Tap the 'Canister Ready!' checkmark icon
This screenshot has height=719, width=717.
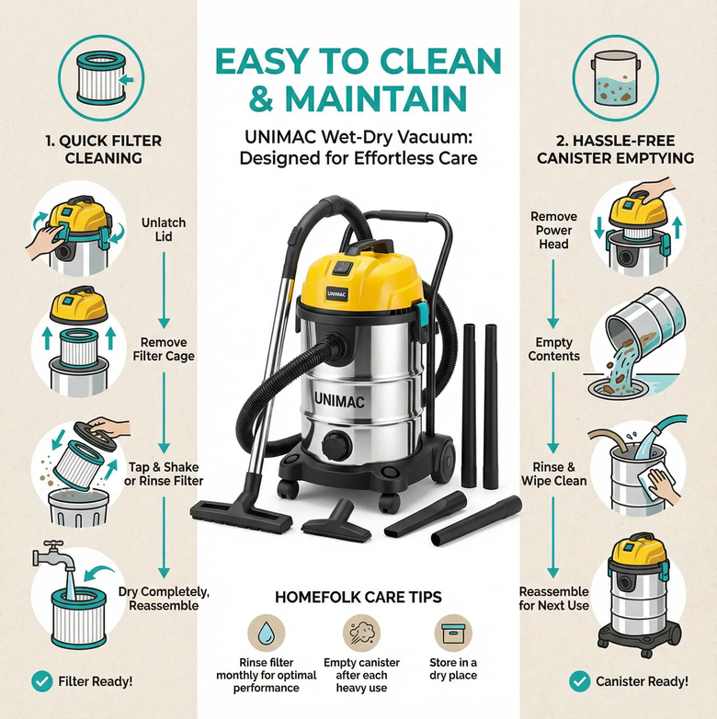[x=580, y=681]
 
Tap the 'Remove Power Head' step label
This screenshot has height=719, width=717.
[x=553, y=230]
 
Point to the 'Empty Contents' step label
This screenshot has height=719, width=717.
[x=553, y=349]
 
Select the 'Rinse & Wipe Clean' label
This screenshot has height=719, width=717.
[x=553, y=474]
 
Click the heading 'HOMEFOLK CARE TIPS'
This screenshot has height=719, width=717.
[x=358, y=598]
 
